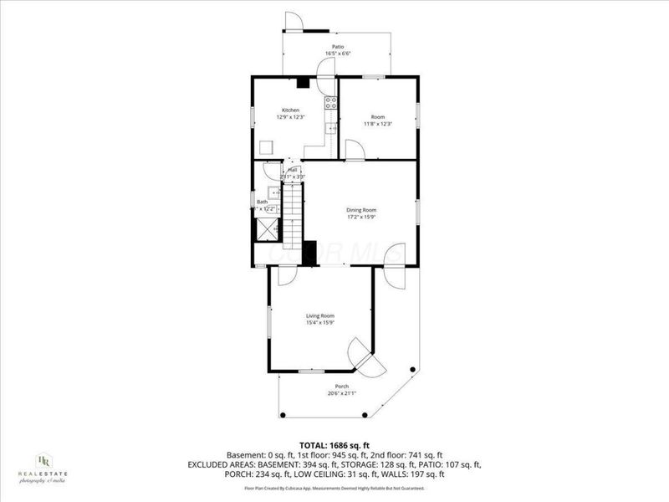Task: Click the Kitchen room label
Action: pos(290,110)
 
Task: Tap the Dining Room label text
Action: pos(361,210)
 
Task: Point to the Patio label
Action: pos(338,47)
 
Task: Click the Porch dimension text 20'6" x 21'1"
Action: pos(342,393)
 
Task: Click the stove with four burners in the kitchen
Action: pos(331,104)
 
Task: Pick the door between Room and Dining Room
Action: pos(355,151)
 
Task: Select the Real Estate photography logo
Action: pos(43,465)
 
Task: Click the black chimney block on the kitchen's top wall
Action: pos(304,81)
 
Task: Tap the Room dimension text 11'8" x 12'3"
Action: pos(377,124)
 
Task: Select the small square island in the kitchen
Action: pos(266,147)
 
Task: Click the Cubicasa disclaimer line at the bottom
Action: pos(334,488)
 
